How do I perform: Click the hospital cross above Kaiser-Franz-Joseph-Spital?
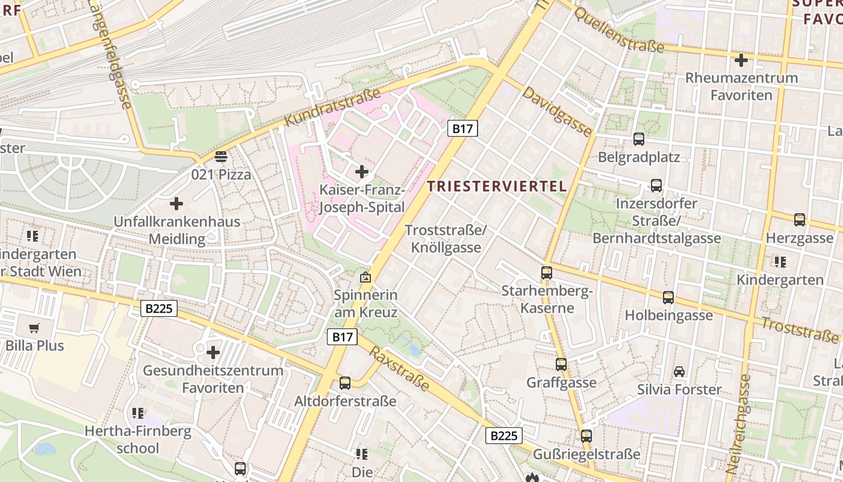point(362,172)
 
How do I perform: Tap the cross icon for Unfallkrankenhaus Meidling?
point(176,204)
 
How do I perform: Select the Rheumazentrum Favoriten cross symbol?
point(741,60)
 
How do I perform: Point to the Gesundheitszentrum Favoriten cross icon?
point(213,352)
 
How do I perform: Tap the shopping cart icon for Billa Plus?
point(34,328)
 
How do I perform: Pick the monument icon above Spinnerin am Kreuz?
point(365,277)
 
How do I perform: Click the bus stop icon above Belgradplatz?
point(639,139)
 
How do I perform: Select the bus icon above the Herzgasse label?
point(800,220)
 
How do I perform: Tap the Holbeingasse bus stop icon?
point(668,297)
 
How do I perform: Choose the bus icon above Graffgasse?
point(561,365)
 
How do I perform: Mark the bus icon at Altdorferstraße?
point(345,383)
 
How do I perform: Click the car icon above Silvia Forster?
point(679,372)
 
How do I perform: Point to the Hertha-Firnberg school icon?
point(138,413)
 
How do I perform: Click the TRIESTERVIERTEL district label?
point(497,186)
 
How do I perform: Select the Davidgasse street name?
point(557,111)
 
